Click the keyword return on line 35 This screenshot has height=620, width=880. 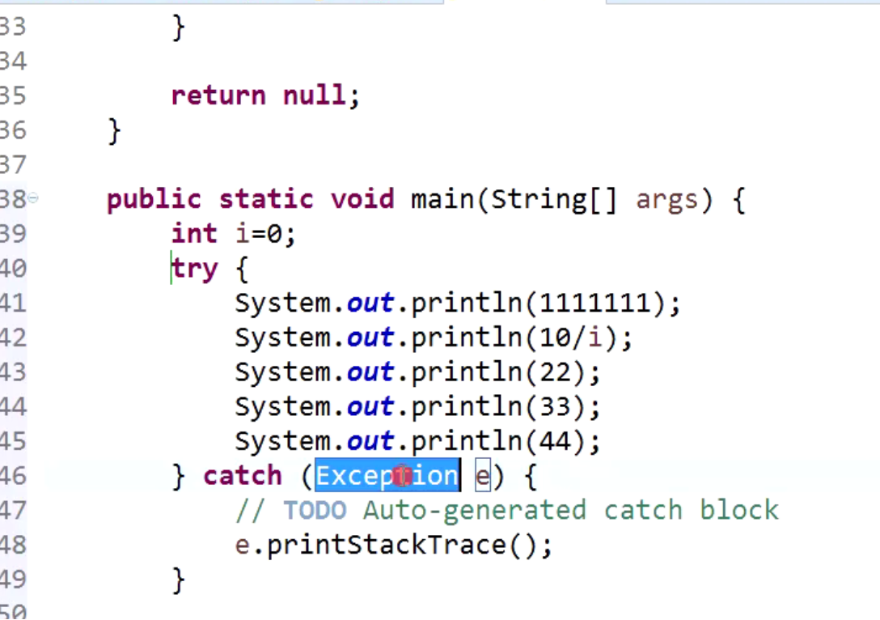click(x=218, y=96)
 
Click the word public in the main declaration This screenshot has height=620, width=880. click(x=154, y=199)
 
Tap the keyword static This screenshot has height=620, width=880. click(x=266, y=199)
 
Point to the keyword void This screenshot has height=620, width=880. click(x=362, y=199)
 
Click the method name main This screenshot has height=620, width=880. click(x=442, y=199)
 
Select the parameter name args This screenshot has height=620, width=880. click(x=666, y=199)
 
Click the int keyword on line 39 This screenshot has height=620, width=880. click(x=194, y=234)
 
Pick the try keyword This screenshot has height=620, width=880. click(x=195, y=269)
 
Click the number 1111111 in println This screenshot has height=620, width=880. click(x=594, y=304)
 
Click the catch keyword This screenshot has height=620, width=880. click(x=243, y=476)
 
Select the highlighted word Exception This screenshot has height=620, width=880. click(x=387, y=476)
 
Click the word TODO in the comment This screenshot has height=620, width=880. click(x=315, y=511)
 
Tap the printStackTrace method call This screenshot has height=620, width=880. click(x=386, y=546)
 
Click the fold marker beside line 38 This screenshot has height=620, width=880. click(x=33, y=198)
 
